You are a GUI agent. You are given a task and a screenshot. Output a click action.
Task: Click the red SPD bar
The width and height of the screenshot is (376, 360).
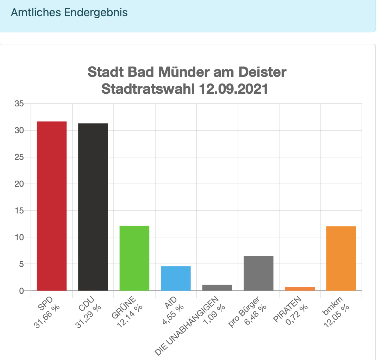tap(52, 206)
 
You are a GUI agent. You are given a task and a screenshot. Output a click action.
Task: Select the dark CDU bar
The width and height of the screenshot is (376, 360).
tap(93, 207)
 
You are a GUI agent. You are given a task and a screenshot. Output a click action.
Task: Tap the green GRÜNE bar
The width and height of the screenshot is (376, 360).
tap(134, 258)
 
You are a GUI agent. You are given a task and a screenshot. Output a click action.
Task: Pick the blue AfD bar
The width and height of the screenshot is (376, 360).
tap(176, 278)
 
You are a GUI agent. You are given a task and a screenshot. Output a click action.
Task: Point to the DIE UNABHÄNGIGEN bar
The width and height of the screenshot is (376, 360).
tap(217, 287)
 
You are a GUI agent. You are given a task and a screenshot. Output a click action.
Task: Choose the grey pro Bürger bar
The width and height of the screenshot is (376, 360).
tap(258, 273)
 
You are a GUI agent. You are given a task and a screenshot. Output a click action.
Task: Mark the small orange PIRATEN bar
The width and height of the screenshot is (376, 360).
tap(300, 288)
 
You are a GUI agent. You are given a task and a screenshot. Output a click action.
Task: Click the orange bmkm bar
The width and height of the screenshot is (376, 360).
tap(341, 258)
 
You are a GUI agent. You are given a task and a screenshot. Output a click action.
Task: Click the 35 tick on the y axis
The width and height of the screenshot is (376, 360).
tap(19, 104)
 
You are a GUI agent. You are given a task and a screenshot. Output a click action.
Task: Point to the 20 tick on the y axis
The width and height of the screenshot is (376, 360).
tap(19, 184)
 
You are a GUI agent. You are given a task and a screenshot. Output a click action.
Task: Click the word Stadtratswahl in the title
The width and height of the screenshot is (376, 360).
tap(148, 89)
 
